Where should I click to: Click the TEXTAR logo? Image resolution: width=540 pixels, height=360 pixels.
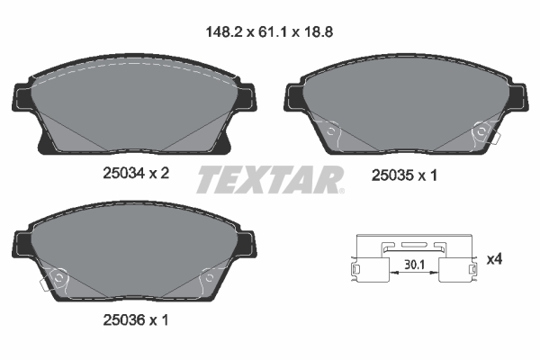[x=269, y=178]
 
